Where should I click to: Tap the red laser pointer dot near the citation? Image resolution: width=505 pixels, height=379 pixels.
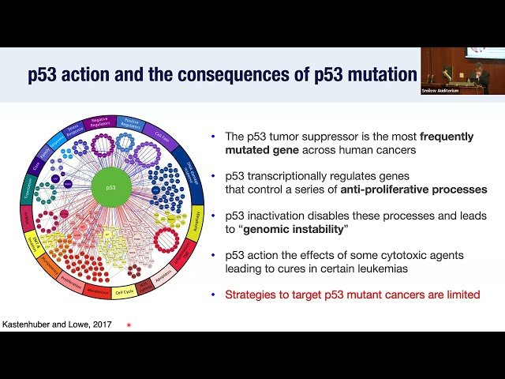[x=129, y=325]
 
